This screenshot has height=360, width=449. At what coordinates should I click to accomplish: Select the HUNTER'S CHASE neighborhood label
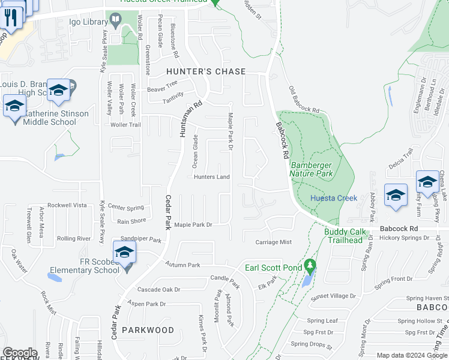206,71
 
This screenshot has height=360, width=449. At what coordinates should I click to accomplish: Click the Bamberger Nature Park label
311,169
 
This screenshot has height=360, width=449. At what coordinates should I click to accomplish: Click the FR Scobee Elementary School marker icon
124,253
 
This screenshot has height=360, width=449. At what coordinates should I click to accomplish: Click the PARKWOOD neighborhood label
148,330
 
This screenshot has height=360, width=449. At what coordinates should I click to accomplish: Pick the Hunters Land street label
212,177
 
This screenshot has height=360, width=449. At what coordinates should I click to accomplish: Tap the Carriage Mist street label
273,242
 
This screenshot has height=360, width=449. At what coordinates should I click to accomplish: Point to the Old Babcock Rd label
303,100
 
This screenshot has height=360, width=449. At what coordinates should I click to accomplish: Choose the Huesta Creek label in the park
333,198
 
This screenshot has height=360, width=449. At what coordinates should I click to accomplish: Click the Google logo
20,353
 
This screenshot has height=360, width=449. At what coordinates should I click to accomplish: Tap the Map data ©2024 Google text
411,355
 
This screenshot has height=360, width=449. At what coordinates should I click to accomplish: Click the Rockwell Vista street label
67,205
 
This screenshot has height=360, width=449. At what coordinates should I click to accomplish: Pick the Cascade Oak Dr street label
158,289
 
